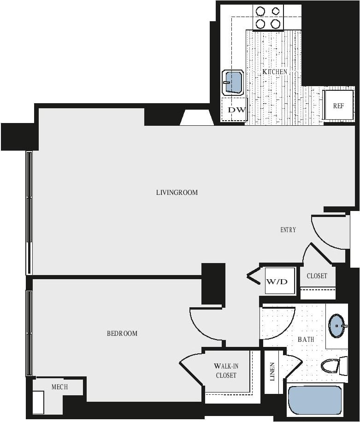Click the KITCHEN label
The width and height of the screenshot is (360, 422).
275,72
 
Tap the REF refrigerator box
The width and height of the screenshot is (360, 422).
338,105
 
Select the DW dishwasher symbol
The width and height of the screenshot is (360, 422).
236,110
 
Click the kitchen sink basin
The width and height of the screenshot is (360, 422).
233,82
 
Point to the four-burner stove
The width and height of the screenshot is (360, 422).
268,17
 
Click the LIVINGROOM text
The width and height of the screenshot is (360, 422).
177,192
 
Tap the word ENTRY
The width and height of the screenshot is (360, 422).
288,230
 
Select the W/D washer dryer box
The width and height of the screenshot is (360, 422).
280,281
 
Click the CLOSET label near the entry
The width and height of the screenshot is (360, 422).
317,276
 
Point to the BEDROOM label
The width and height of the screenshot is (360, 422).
122,333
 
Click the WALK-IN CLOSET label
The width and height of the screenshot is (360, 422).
226,370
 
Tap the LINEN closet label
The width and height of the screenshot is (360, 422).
272,371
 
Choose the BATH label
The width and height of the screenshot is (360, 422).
306,340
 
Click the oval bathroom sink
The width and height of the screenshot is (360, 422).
337,326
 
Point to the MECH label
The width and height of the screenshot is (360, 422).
59,387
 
